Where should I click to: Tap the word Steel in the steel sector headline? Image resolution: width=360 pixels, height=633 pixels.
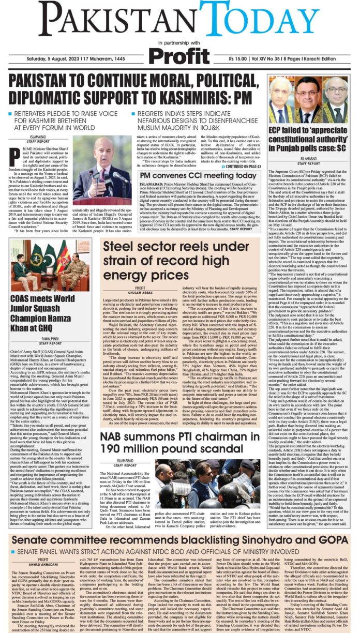pos(121,247)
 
